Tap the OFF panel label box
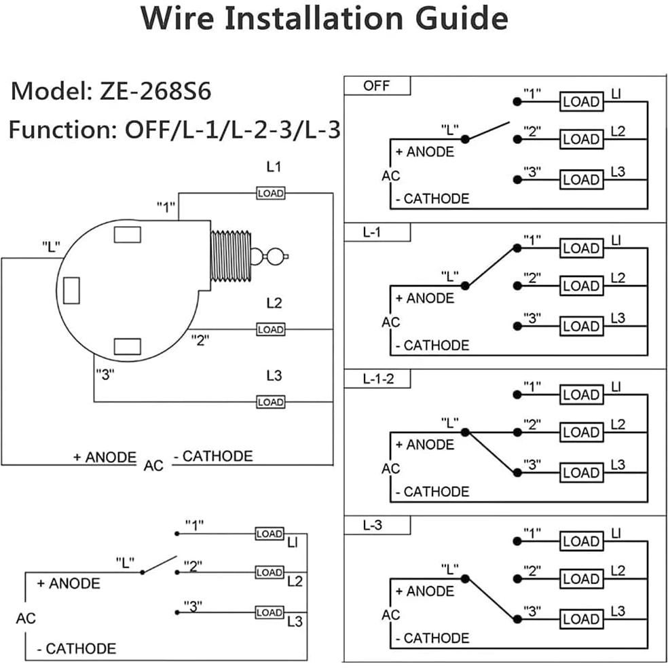(377, 86)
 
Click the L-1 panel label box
(377, 233)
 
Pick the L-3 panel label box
(377, 525)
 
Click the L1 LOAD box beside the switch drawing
(270, 193)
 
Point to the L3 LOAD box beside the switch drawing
(270, 402)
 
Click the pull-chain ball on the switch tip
(276, 257)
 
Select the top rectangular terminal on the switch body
(127, 234)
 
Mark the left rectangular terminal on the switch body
(71, 291)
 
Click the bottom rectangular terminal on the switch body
(127, 346)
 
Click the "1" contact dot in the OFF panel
(517, 102)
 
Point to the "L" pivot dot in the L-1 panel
(465, 286)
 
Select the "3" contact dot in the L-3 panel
(517, 619)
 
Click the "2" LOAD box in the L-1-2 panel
(581, 432)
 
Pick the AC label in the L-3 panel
(391, 615)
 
